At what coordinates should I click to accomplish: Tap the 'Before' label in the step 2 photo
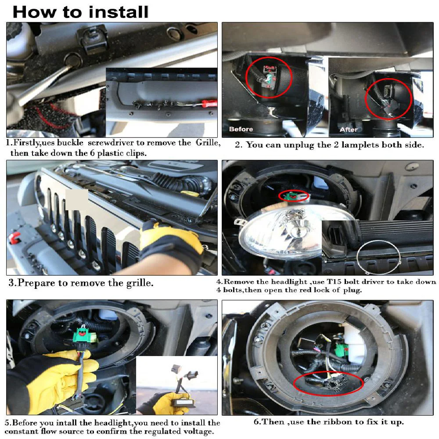pyautogui.click(x=241, y=129)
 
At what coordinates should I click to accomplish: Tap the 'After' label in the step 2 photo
pyautogui.click(x=348, y=130)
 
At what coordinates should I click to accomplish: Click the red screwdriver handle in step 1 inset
pyautogui.click(x=209, y=103)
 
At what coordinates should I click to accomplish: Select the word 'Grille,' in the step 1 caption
pyautogui.click(x=208, y=143)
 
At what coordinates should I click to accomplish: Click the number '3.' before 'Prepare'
pyautogui.click(x=12, y=283)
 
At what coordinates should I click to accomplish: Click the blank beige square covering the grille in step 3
pyautogui.click(x=77, y=200)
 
